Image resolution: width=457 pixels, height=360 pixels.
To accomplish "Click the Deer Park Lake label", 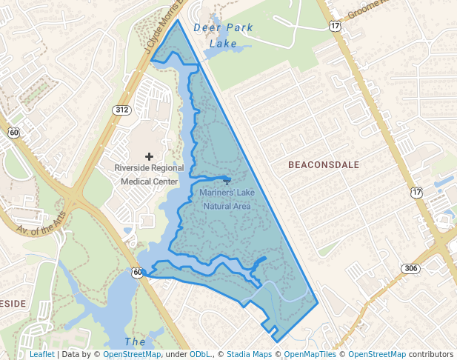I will (223, 36).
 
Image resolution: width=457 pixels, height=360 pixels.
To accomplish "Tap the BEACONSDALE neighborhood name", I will (324, 164).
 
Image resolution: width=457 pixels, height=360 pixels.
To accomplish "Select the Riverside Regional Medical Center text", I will (149, 174).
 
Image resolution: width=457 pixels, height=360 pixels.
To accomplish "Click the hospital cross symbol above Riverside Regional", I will (149, 156).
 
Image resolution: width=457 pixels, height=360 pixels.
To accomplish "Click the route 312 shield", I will (122, 110).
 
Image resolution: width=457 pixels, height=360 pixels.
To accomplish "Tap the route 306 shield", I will (411, 268).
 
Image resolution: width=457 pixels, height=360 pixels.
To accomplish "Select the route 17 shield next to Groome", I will (336, 26).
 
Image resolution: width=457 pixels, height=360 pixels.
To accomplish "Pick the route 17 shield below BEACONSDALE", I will (417, 192).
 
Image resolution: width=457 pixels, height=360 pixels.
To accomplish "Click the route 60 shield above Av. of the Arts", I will (13, 133).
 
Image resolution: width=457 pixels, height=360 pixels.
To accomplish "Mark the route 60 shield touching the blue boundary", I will (138, 273).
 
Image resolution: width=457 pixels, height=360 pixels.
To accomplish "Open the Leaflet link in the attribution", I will (41, 355).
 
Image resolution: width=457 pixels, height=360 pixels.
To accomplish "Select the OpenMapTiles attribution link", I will (310, 355).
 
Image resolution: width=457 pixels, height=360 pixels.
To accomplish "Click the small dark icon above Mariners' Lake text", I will (226, 180).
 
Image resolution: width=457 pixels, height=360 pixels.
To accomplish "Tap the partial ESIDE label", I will (13, 304).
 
